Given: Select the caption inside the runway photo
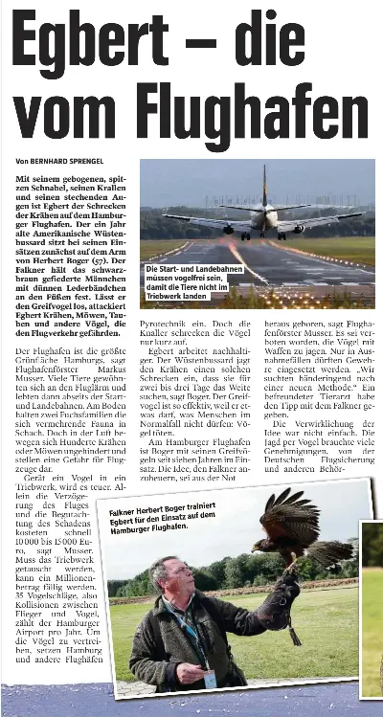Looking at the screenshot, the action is (x=188, y=282).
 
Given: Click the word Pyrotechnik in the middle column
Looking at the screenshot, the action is (x=165, y=325).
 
